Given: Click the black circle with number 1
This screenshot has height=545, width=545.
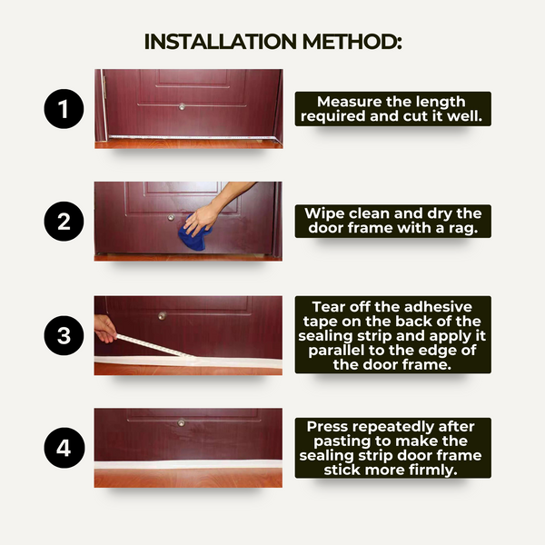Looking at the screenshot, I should pos(64,111).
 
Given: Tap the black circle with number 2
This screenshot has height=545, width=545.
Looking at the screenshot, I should pos(64,223).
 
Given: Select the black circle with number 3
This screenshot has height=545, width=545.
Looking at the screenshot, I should pos(64,335).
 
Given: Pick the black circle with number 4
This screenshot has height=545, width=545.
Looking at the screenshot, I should pos(64,448).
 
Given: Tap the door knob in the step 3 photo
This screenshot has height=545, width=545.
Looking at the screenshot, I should pos(162,316).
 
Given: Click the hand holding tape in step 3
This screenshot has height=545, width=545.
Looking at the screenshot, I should pos(104,328).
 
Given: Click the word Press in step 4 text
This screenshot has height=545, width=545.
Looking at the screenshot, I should pos(327,425).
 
